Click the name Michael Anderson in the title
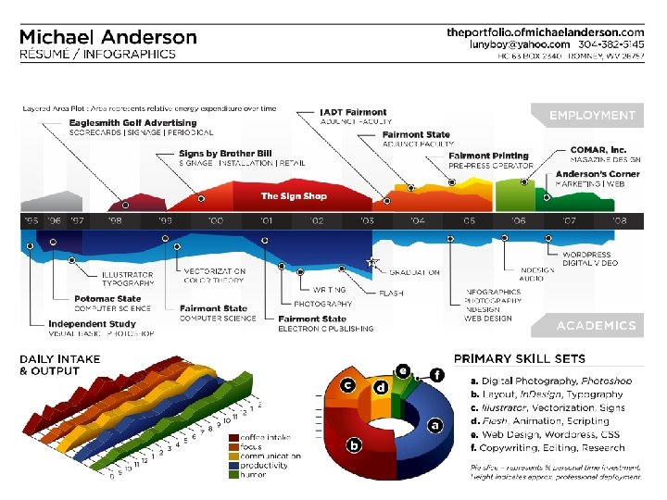108,37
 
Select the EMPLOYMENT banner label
592,116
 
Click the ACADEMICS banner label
596,326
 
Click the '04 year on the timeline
418,221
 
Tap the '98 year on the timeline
114,221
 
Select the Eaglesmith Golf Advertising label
132,122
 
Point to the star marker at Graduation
373,262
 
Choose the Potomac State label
107,299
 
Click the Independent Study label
92,324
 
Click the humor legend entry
253,475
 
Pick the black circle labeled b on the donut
353,446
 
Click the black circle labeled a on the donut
433,425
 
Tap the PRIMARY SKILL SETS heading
519,358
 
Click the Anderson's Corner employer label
598,174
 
